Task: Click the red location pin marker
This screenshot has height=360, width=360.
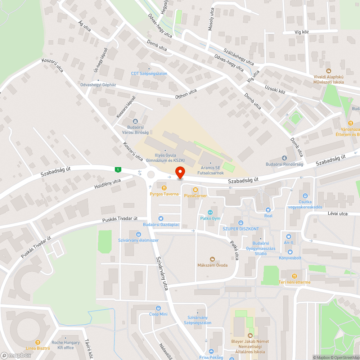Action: [x=180, y=172]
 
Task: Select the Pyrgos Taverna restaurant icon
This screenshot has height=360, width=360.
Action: [x=164, y=188]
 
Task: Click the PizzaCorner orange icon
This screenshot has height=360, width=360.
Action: [x=195, y=189]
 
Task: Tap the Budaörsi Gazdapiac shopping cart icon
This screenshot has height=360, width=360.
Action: [x=161, y=218]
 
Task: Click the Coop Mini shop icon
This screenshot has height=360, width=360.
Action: [x=158, y=308]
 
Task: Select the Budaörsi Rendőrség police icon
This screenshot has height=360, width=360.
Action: [x=284, y=158]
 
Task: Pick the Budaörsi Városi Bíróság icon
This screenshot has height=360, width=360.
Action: [x=135, y=121]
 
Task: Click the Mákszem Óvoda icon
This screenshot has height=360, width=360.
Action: [x=212, y=259]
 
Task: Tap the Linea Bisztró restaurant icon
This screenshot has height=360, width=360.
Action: [x=37, y=342]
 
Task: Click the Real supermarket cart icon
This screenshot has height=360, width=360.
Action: [x=268, y=210]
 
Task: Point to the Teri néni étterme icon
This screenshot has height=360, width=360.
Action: [x=294, y=276]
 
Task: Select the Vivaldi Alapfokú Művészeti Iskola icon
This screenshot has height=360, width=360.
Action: [x=328, y=71]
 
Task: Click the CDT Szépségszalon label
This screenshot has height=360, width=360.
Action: [x=149, y=73]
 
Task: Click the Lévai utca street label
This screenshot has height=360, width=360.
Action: [x=337, y=213]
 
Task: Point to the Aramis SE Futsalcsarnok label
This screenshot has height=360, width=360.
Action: [x=211, y=170]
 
